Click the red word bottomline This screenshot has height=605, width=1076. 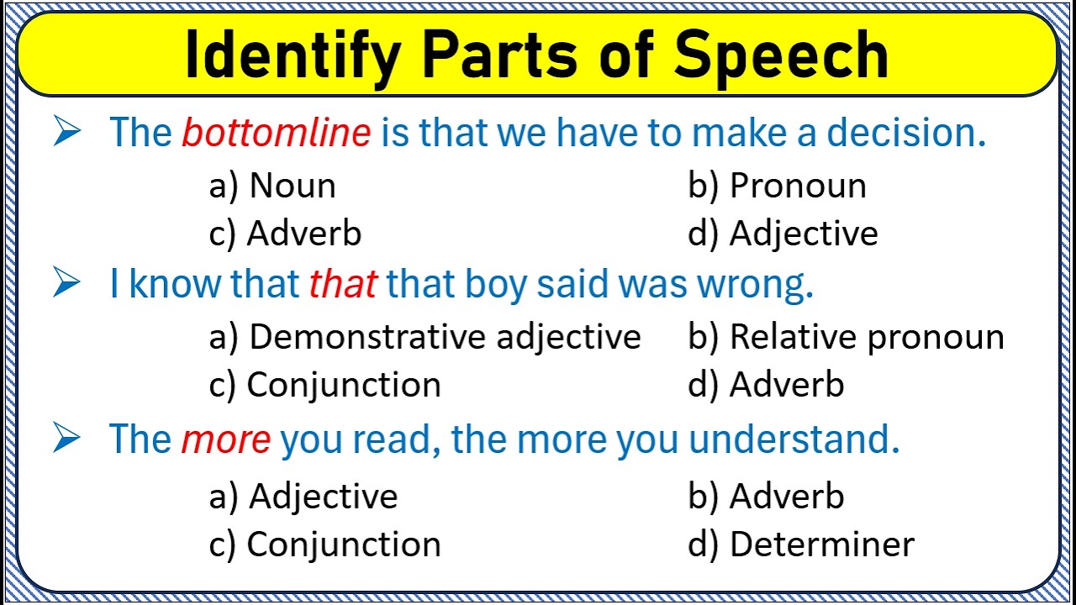tap(277, 133)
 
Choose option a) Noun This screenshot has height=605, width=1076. tap(272, 186)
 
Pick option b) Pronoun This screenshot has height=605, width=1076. tap(777, 186)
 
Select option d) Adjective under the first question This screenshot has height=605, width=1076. tap(783, 234)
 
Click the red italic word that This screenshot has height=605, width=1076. tap(342, 285)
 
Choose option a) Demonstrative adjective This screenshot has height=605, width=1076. tap(425, 337)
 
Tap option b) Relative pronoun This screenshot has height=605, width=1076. tap(846, 337)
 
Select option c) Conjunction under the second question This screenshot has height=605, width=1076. tap(324, 385)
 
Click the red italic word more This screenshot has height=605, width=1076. tap(226, 439)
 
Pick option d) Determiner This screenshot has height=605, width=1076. tap(800, 544)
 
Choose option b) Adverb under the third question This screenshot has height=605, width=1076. tap(766, 497)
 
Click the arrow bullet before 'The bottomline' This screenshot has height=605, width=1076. tap(66, 132)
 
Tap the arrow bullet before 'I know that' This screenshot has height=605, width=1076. tap(66, 284)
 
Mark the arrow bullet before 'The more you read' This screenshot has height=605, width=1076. tap(66, 438)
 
